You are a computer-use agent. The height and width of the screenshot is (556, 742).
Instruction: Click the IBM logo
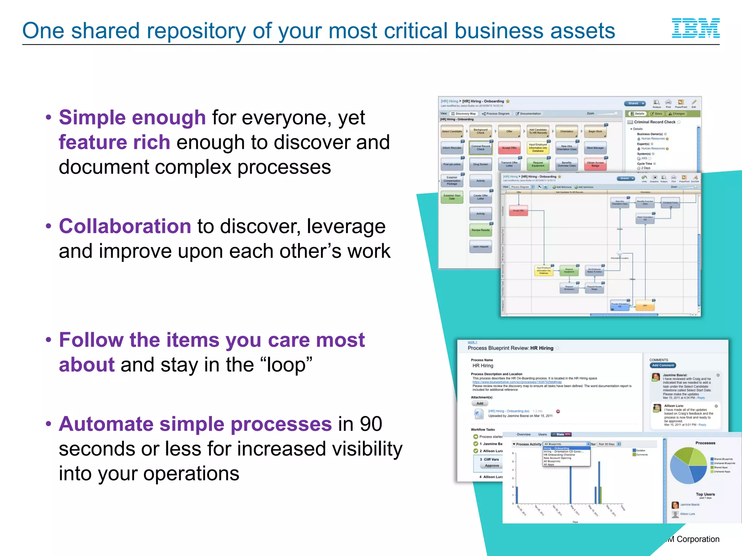696,28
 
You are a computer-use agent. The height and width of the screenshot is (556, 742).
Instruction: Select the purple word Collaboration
125,227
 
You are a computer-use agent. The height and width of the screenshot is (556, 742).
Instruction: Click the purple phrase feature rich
114,142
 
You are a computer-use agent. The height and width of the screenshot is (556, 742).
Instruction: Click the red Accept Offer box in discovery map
509,148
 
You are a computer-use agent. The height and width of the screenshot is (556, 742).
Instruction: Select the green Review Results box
480,230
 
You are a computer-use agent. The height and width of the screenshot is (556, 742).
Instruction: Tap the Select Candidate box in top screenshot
452,131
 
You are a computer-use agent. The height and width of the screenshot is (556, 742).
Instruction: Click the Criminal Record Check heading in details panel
654,122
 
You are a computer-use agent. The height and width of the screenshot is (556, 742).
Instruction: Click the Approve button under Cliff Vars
492,466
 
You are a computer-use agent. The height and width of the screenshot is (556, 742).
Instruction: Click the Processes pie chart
688,466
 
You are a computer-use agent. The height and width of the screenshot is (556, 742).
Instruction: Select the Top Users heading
705,494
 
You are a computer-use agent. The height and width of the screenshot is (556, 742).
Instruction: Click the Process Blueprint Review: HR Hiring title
510,348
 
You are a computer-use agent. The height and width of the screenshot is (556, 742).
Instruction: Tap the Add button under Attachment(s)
480,404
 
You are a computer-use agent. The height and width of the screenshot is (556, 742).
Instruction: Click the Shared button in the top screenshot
634,104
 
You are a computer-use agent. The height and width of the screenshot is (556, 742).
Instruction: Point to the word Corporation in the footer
698,539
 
